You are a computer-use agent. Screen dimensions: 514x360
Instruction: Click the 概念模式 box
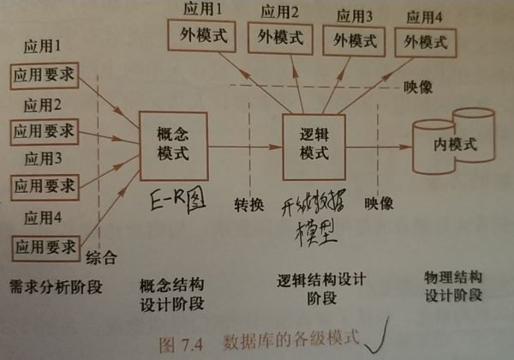click(x=172, y=143)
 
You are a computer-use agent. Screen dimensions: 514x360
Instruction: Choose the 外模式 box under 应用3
click(x=353, y=40)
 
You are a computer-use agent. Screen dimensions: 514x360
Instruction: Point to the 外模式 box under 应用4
click(x=426, y=41)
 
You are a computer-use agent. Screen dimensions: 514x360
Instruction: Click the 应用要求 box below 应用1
click(x=43, y=75)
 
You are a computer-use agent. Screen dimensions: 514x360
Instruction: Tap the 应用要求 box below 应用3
click(x=43, y=185)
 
